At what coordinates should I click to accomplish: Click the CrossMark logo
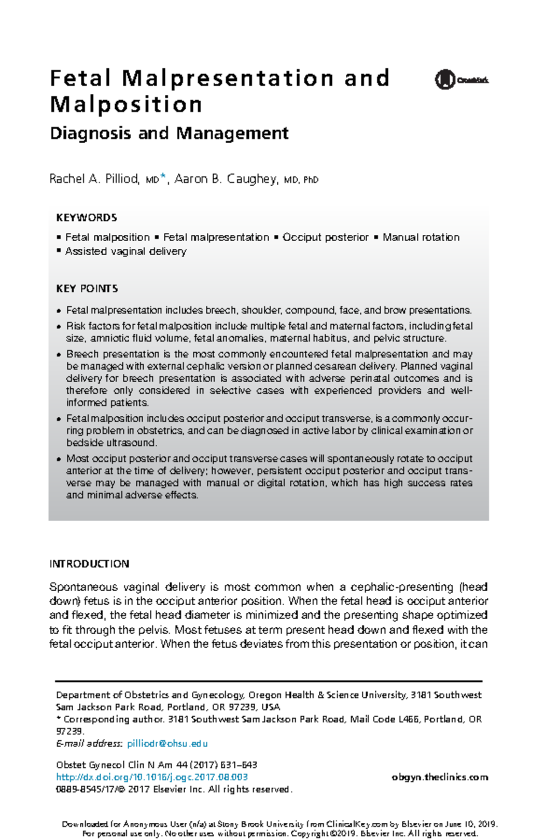click(461, 80)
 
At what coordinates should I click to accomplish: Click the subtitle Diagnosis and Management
click(169, 133)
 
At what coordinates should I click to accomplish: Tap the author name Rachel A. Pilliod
click(94, 179)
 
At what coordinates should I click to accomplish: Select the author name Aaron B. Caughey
click(226, 179)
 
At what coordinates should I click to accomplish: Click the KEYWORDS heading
click(86, 218)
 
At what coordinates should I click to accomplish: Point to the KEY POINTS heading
click(87, 288)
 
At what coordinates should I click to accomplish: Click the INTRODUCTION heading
click(89, 564)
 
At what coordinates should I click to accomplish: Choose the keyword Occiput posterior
click(325, 238)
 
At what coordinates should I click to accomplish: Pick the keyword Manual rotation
click(421, 238)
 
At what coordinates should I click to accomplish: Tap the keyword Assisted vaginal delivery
click(126, 252)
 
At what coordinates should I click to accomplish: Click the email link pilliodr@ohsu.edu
click(167, 743)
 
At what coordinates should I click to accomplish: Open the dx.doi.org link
click(152, 777)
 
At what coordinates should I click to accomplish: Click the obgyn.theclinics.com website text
click(440, 777)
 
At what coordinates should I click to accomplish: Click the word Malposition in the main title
click(126, 105)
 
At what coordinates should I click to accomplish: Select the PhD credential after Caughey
click(311, 180)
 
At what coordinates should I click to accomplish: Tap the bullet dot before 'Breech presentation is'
click(59, 355)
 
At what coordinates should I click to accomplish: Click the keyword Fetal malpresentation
click(216, 238)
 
